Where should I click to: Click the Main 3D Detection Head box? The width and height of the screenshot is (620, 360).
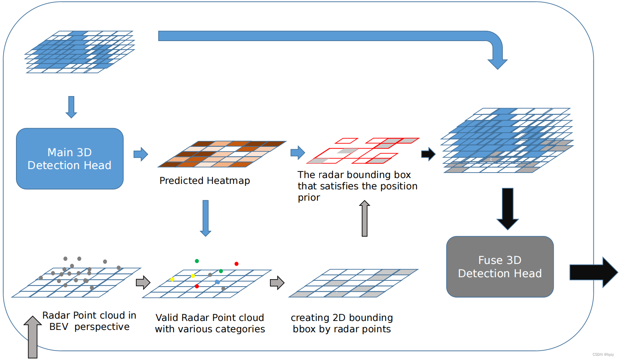(x=70, y=159)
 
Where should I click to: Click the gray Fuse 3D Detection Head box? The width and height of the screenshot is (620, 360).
(x=500, y=267)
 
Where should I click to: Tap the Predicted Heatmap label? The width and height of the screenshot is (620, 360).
(x=205, y=180)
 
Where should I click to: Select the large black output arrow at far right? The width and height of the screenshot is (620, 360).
(x=593, y=272)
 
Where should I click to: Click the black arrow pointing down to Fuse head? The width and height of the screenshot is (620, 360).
(x=507, y=209)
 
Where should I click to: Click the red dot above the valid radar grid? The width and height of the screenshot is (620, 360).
(x=236, y=264)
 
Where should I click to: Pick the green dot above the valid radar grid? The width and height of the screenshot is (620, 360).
(x=197, y=261)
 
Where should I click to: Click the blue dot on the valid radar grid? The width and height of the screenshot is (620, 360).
(x=217, y=282)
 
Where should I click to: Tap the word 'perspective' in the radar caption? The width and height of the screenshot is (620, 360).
(x=102, y=327)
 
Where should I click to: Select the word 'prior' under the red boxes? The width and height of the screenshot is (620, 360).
(x=309, y=198)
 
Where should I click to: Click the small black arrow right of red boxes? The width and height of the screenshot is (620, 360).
(x=428, y=154)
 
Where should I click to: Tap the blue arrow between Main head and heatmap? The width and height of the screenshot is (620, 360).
(x=141, y=154)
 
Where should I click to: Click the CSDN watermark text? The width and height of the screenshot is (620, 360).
(x=603, y=355)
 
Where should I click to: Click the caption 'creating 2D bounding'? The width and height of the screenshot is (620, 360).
(x=341, y=317)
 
